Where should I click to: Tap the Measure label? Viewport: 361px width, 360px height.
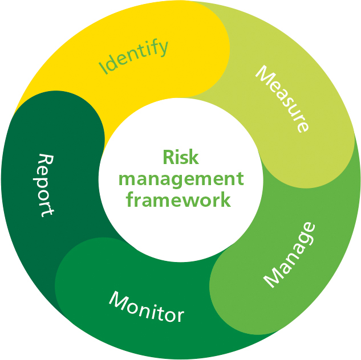click(x=282, y=99)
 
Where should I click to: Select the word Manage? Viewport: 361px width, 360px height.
click(x=289, y=254)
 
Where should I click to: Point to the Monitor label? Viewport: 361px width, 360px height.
click(x=146, y=307)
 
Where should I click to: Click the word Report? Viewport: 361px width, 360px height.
click(x=46, y=185)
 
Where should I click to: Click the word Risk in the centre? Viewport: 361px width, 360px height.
click(x=181, y=158)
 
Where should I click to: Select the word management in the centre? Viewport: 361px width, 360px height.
click(x=181, y=179)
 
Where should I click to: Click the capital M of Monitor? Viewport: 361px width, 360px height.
click(x=117, y=300)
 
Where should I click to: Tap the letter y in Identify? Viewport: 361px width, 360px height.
click(x=164, y=47)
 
